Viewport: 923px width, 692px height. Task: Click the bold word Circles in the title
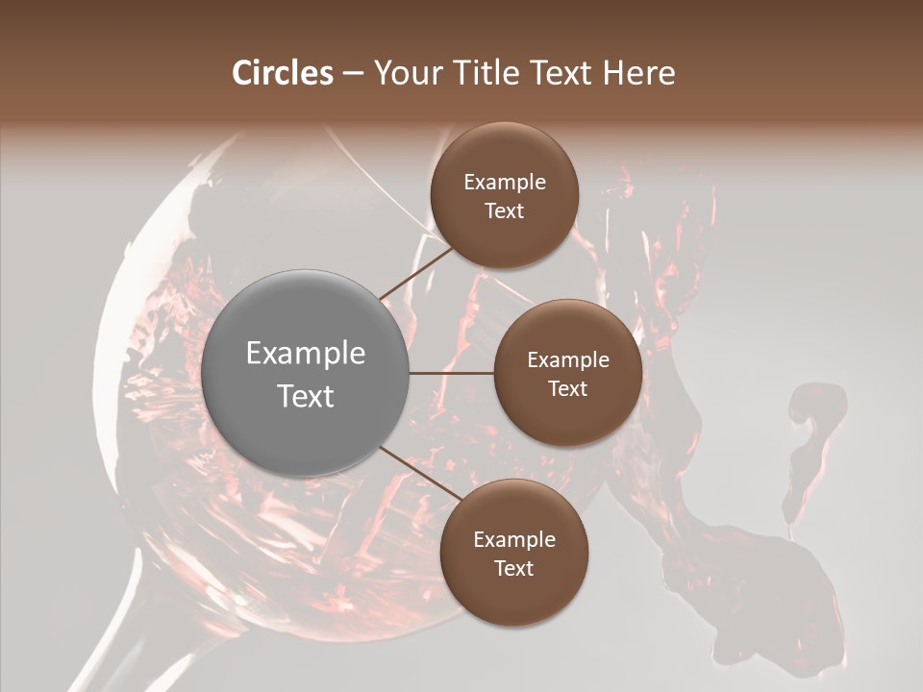pos(283,73)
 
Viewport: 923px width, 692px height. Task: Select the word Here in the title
pos(638,73)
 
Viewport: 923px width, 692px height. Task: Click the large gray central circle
pos(305,373)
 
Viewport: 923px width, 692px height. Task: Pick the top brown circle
pos(504,195)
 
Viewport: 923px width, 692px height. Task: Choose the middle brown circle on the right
pos(567,373)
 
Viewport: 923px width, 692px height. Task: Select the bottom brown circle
pos(513,553)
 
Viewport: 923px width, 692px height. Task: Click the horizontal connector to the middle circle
pos(451,373)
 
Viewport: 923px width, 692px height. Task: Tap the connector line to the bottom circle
pos(419,475)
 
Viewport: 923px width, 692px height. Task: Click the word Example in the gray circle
pos(306,354)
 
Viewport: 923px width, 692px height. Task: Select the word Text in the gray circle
pos(306,395)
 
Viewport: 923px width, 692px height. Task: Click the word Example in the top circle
pos(505,183)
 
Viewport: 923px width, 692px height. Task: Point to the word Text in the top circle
pos(504,210)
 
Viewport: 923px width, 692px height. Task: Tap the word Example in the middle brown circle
pos(568,360)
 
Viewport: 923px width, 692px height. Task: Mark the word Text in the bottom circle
pos(513,568)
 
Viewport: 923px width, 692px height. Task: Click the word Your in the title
pos(404,73)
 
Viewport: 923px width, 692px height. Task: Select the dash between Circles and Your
pos(352,74)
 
